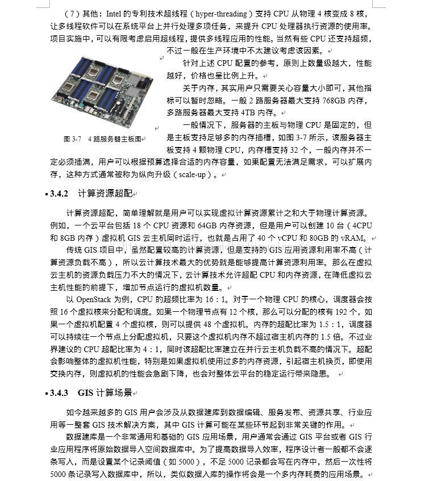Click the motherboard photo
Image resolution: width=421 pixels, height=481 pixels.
102,91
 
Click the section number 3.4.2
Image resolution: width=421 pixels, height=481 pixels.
59,194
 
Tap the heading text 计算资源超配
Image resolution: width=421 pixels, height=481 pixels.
105,194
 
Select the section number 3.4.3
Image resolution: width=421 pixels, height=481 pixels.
59,392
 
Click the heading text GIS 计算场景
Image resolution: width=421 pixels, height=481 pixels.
105,392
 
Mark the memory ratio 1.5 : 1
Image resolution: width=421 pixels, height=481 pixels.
329,324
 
